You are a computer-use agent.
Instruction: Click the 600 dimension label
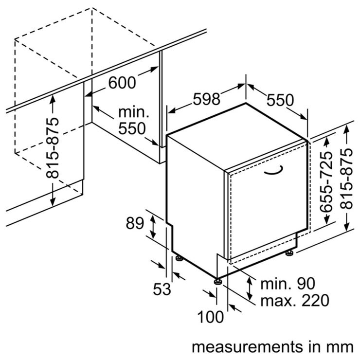tap(122, 82)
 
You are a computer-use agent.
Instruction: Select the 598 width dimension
tap(206, 99)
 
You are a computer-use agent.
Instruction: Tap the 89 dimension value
tap(135, 223)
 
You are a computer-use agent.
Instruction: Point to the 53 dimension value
tap(162, 288)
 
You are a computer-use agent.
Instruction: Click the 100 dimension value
tap(210, 317)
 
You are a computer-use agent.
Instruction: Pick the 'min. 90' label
tap(288, 284)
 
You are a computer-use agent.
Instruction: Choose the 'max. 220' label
tap(295, 300)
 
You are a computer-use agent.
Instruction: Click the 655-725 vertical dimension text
tap(326, 181)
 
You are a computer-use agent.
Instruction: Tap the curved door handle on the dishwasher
tap(273, 170)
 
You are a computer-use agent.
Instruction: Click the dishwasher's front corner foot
tap(217, 281)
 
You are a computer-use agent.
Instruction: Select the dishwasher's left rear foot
tap(179, 258)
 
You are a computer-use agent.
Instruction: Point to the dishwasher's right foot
tap(289, 253)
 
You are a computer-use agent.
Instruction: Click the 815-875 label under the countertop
tap(53, 148)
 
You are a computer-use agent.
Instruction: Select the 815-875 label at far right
tap(346, 179)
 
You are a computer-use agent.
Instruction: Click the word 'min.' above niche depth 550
tap(134, 112)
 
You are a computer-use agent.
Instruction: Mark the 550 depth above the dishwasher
tap(280, 100)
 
